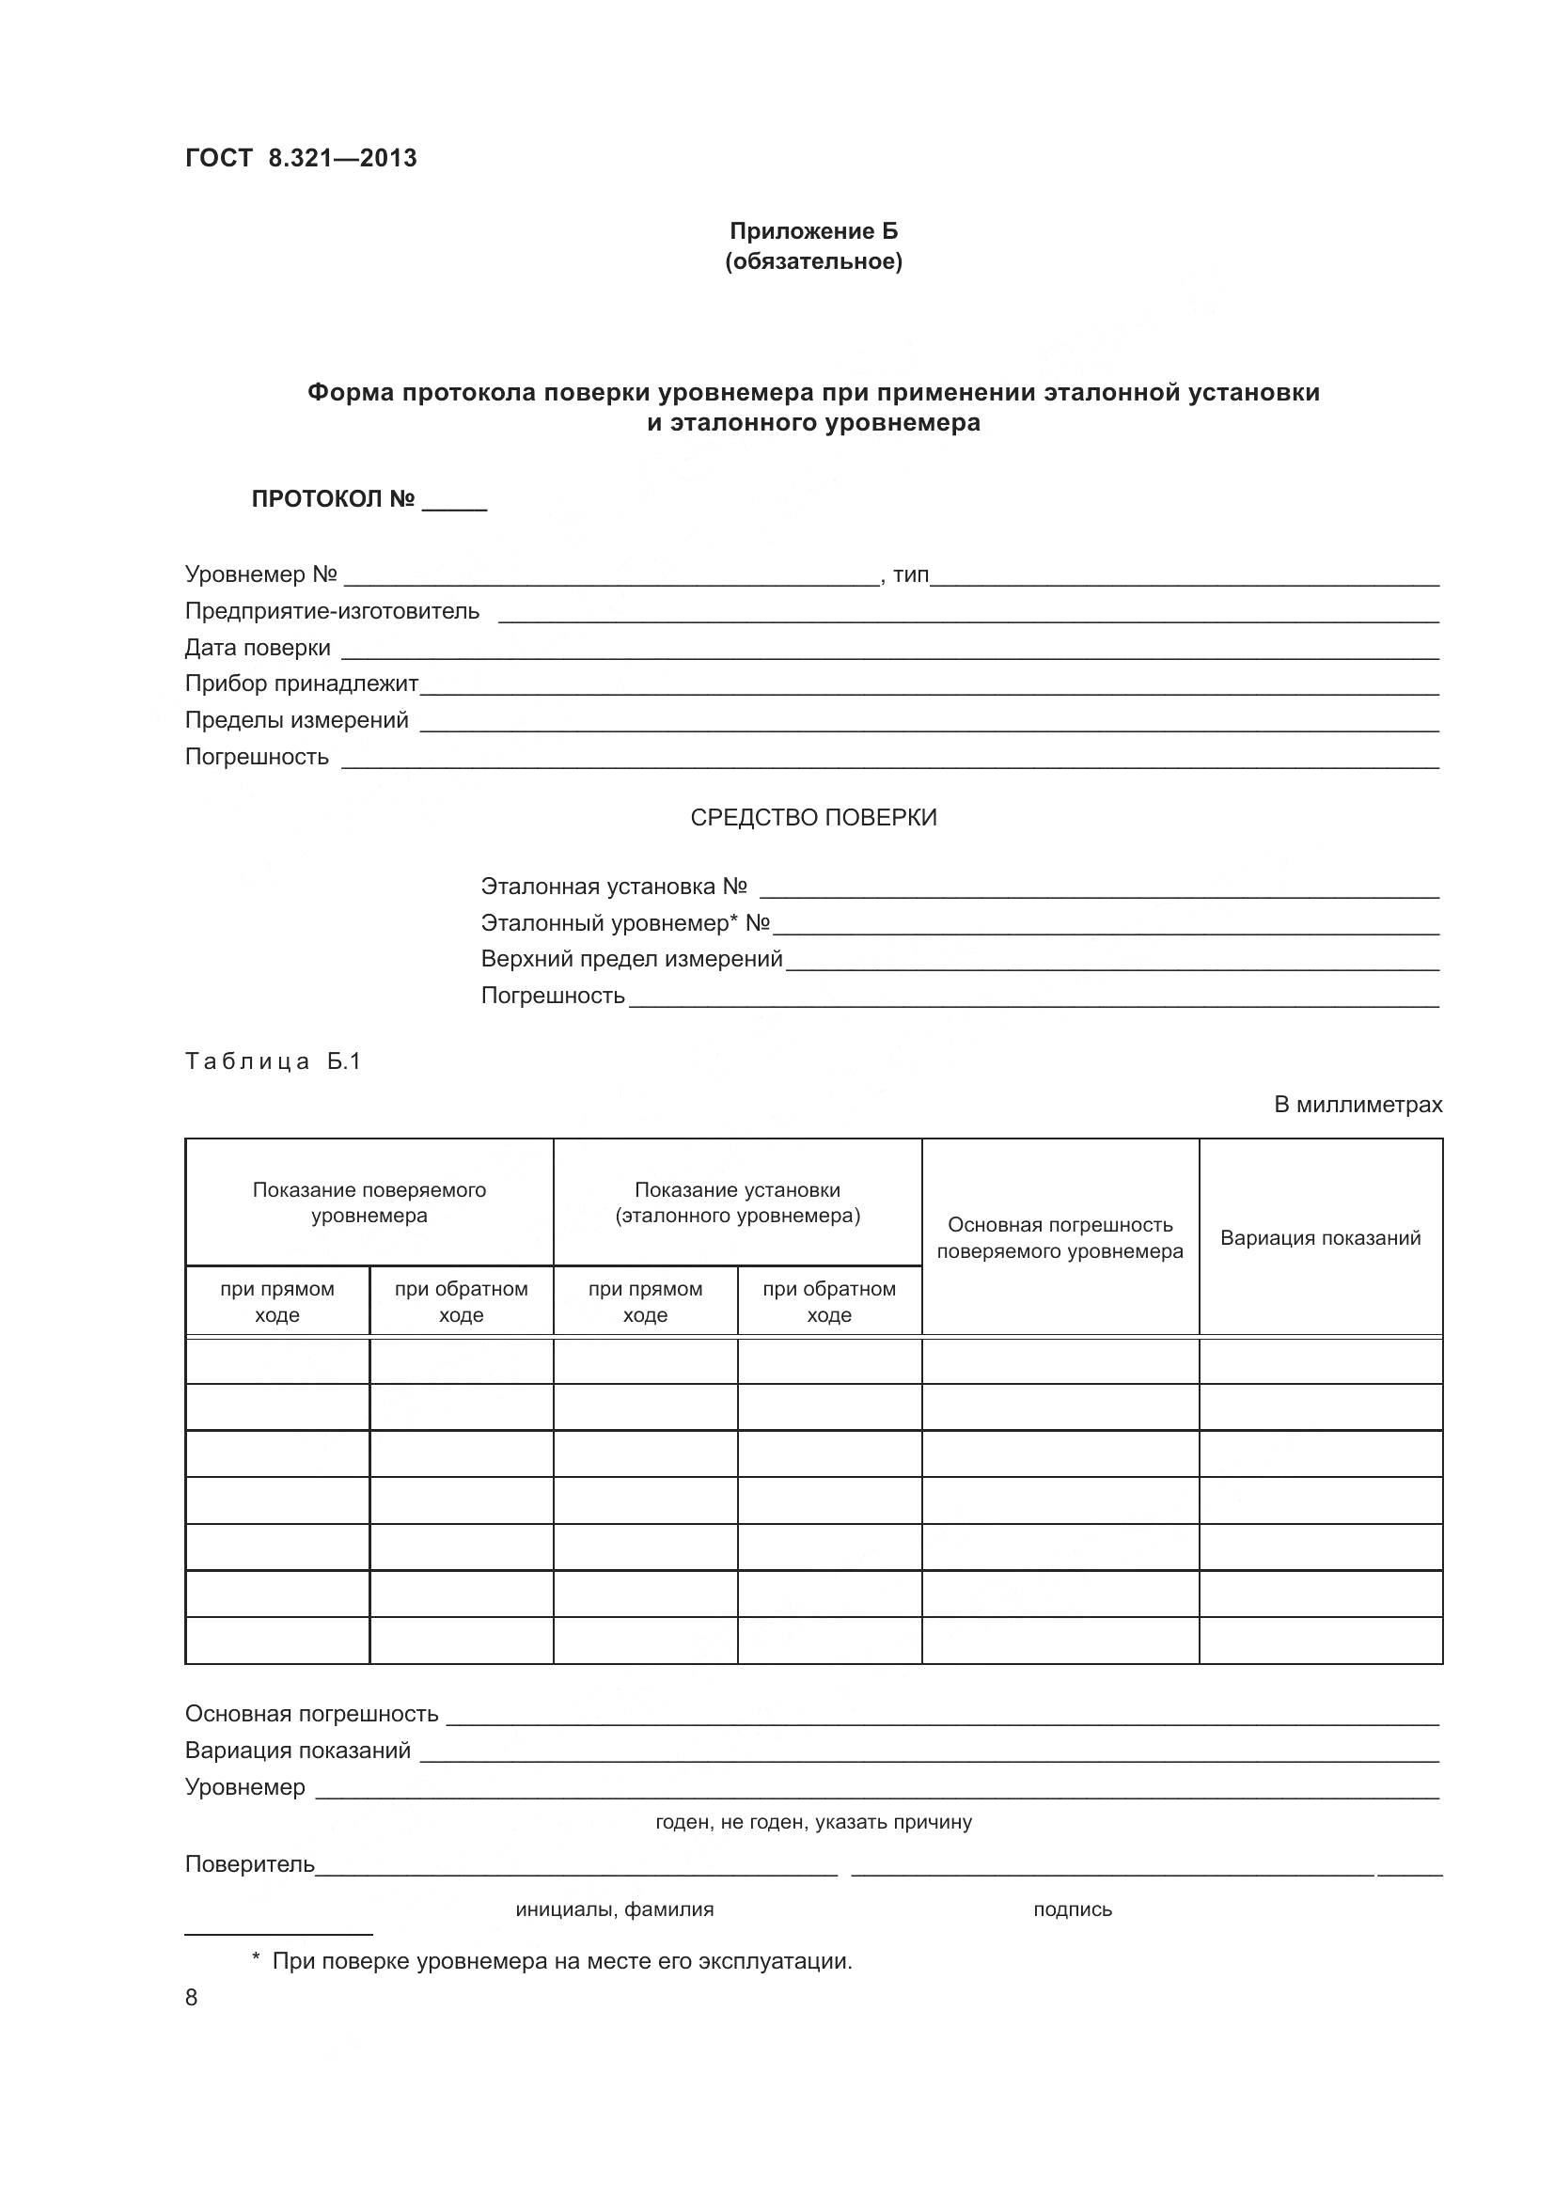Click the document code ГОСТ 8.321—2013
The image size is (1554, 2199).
pos(301,158)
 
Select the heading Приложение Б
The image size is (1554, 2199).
pos(813,231)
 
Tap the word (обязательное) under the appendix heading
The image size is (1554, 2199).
pos(813,261)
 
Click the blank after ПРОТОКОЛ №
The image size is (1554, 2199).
pos(454,502)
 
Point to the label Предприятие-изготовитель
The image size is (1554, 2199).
pos(331,611)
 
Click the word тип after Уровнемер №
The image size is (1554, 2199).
pos(911,574)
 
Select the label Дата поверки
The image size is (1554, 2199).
pos(258,648)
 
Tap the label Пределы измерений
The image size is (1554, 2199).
pos(296,720)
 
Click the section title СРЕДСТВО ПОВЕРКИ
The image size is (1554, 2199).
pos(813,817)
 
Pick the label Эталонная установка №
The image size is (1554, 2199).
pos(613,886)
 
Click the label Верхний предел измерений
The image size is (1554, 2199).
pos(631,959)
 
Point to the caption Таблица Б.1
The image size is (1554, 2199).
pos(273,1061)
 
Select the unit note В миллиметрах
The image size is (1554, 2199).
pos(1357,1105)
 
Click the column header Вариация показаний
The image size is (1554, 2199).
pos(1319,1237)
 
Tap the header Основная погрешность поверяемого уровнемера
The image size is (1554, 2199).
pos(1059,1237)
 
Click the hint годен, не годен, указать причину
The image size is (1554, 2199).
pos(813,1822)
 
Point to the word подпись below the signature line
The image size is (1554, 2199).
pos(1073,1908)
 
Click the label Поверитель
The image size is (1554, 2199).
pos(249,1863)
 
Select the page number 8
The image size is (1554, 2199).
pos(192,1997)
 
